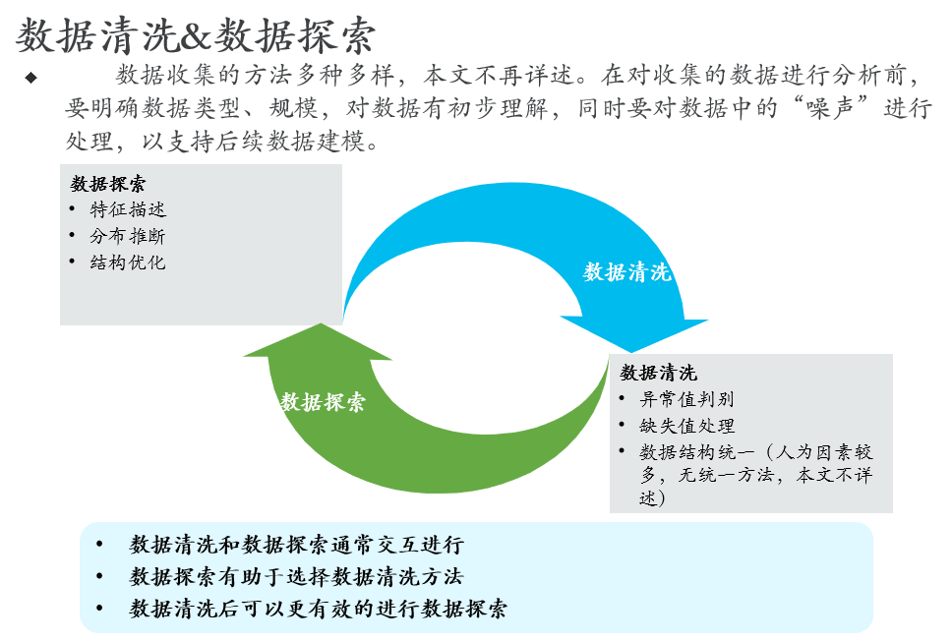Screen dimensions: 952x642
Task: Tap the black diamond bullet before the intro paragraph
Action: [30, 77]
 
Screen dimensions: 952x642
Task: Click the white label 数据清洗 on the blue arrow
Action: [627, 271]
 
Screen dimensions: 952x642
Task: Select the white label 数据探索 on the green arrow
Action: [323, 401]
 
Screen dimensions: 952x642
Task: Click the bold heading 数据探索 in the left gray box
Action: [109, 184]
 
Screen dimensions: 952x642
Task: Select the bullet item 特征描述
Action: [128, 209]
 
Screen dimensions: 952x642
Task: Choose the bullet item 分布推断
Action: [128, 236]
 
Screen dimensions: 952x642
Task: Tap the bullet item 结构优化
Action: [128, 263]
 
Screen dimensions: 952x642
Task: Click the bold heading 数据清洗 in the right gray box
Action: [658, 373]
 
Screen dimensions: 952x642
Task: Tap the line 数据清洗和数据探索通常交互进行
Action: [296, 546]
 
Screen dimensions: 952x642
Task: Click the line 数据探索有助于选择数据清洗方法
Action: [296, 577]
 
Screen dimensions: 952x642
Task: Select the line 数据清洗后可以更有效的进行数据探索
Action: [319, 609]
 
